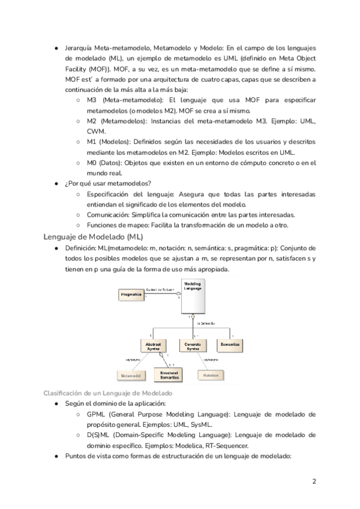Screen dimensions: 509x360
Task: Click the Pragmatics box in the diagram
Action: [x=131, y=295]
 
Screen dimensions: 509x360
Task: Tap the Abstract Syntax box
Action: [x=150, y=346]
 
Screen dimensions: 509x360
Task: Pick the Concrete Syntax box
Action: [x=192, y=346]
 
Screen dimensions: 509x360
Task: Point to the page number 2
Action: [x=314, y=482]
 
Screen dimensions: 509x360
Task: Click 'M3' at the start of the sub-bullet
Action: [x=92, y=99]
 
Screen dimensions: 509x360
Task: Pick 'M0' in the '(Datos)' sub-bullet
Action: [x=92, y=163]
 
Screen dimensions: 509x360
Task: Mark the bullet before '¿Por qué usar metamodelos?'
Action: [x=56, y=184]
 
